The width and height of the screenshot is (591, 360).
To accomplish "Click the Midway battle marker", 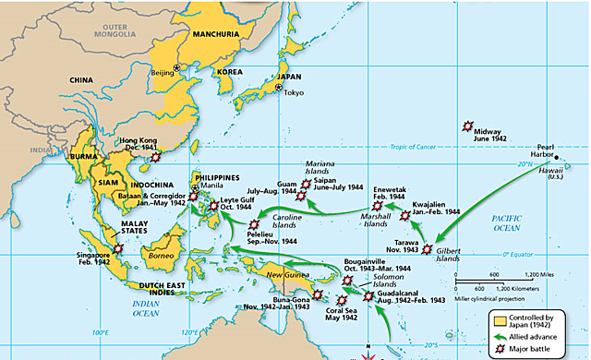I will click(468, 126).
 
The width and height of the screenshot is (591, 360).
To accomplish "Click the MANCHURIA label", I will click(217, 34).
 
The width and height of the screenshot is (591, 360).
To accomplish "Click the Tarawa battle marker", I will click(427, 248).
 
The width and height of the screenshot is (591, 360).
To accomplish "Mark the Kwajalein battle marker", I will click(404, 215).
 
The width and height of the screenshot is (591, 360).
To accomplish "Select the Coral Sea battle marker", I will click(344, 300).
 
